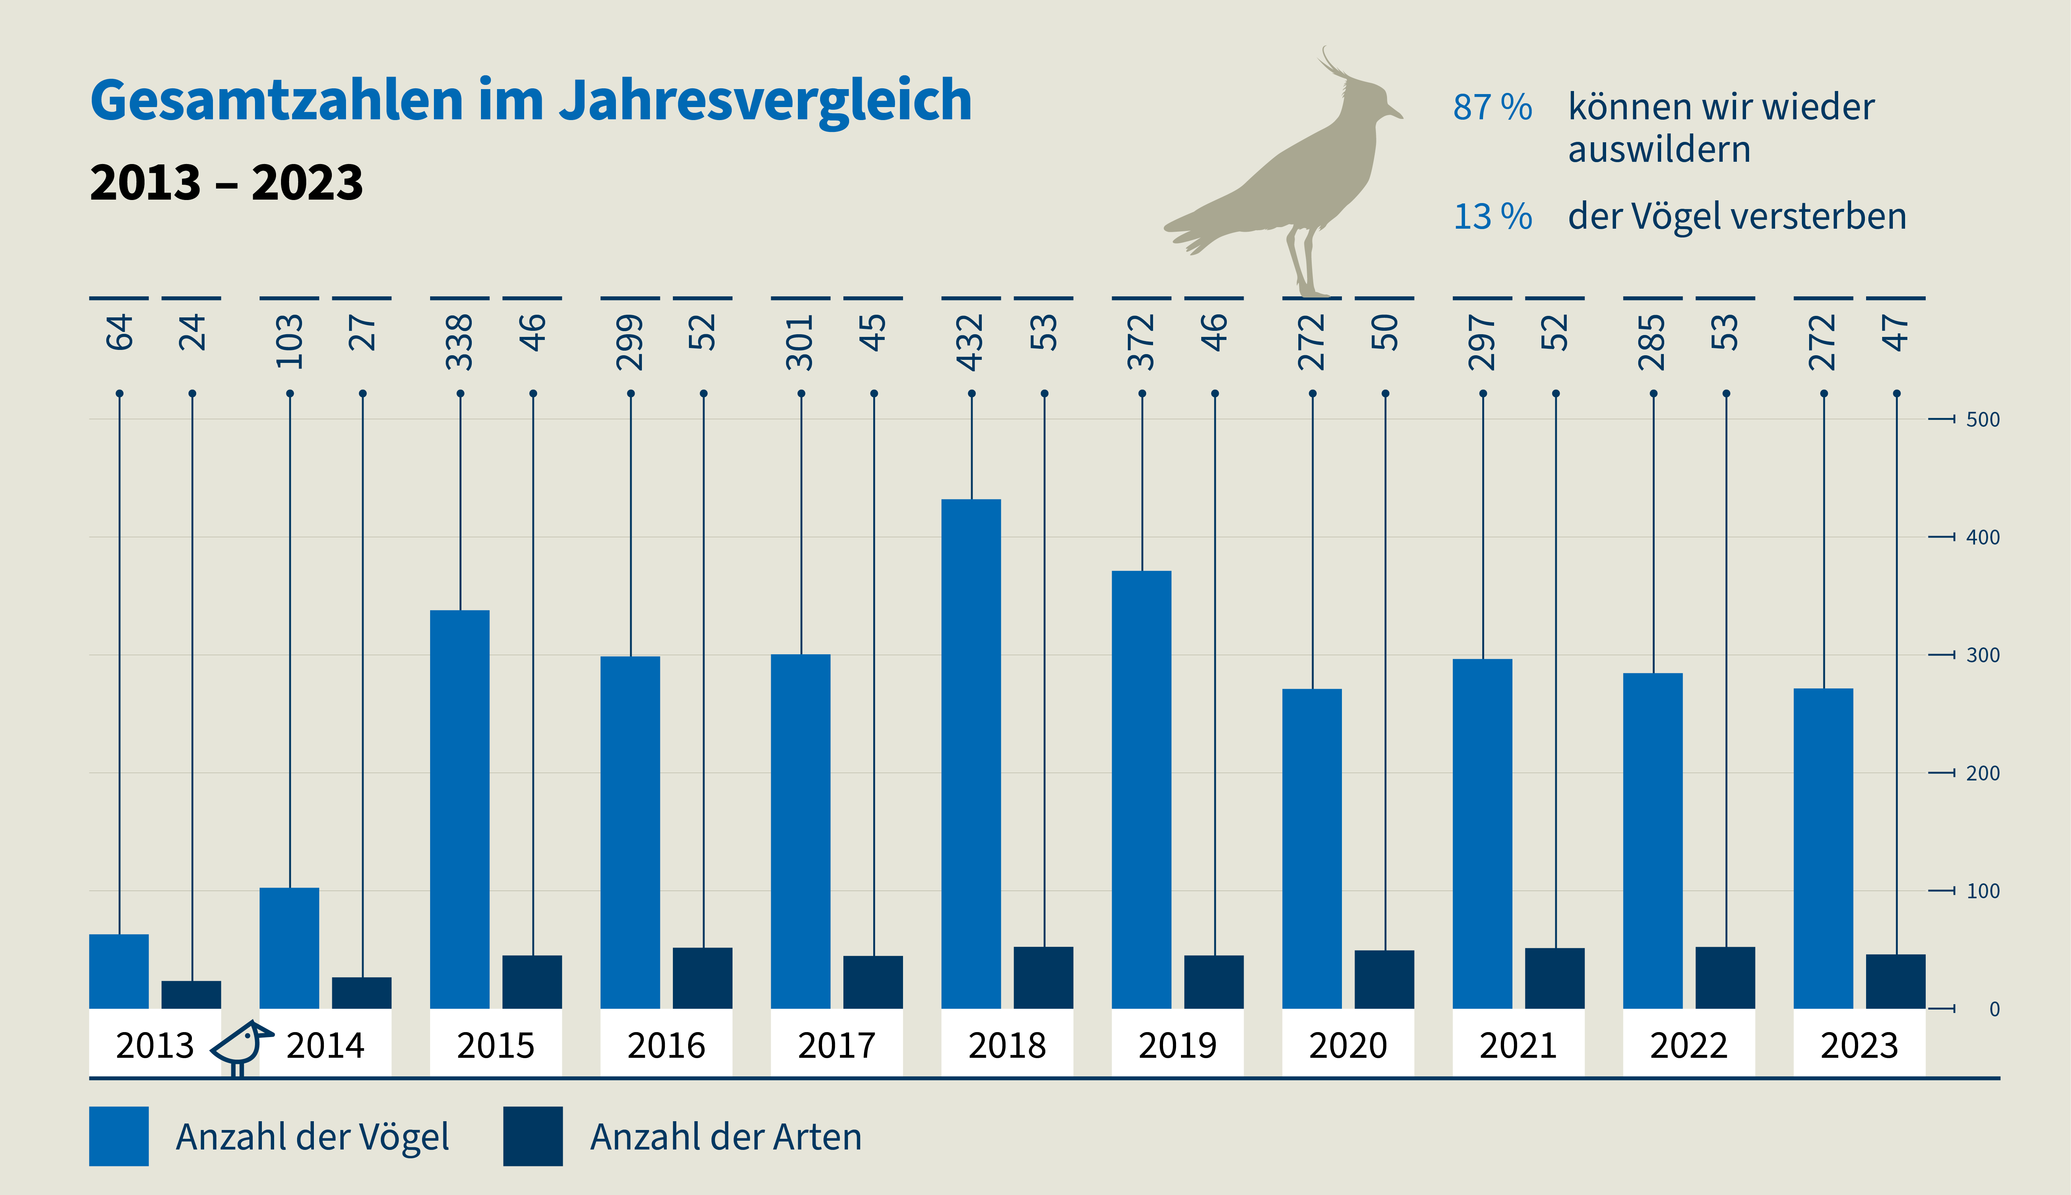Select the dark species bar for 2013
191,995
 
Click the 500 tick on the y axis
1982,419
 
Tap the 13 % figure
1492,217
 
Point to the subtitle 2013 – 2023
226,182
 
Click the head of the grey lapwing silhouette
1369,102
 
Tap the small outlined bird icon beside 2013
240,1047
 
